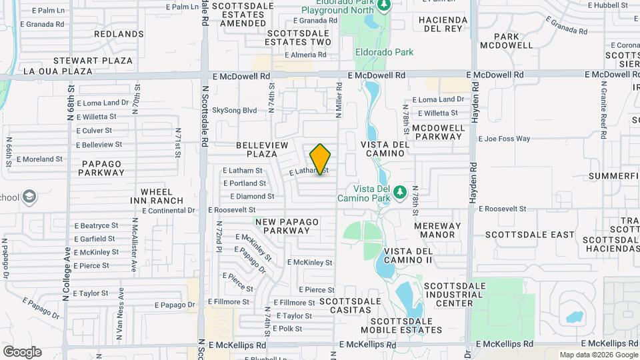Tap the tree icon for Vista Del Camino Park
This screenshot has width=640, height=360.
tap(400, 193)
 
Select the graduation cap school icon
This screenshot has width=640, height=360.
tap(29, 197)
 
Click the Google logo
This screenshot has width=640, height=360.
tap(22, 352)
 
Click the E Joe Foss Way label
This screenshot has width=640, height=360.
tap(505, 139)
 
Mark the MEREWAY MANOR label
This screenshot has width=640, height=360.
tap(437, 230)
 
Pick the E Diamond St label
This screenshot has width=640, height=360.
tap(252, 197)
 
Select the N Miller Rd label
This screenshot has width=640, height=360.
tap(339, 101)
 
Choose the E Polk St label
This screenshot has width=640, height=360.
tap(287, 329)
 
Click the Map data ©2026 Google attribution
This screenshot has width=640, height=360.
tap(598, 355)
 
